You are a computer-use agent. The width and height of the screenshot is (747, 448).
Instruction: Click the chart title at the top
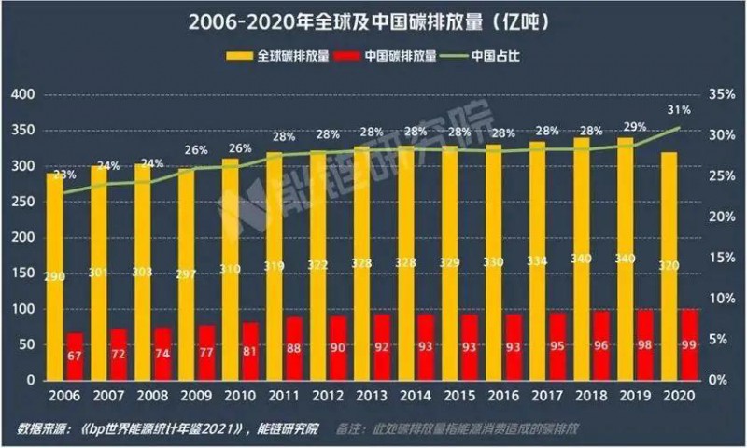(x=373, y=21)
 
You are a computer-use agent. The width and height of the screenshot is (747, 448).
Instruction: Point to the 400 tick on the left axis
(x=21, y=95)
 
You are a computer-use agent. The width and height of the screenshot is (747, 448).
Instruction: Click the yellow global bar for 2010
(x=230, y=233)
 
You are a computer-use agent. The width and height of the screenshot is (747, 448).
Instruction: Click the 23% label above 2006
(x=64, y=175)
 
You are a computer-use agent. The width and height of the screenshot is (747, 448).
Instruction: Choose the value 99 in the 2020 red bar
(x=688, y=346)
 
